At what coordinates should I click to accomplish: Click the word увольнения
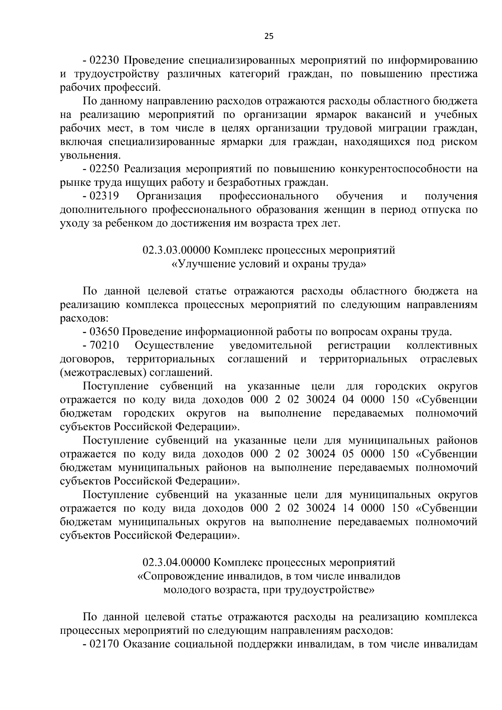click(90, 156)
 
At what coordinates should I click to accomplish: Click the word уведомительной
click(271, 346)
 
